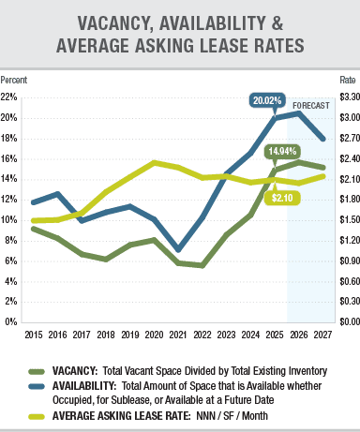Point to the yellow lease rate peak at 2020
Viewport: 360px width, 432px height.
(x=154, y=162)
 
